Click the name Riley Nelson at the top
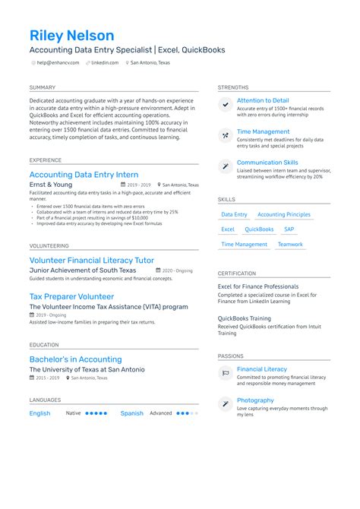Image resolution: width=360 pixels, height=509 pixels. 72,36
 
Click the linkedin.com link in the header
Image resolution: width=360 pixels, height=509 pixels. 106,63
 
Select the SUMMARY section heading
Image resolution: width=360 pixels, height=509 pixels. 43,88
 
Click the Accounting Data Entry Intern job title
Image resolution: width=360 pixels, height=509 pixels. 84,175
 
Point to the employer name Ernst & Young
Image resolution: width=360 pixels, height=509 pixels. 51,185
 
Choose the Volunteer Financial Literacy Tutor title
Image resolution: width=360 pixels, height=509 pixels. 91,260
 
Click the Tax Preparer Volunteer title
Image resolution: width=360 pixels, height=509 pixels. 71,296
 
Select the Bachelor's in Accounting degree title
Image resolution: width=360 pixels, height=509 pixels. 75,359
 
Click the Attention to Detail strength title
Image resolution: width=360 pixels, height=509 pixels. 263,100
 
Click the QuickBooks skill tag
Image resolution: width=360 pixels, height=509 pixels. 259,229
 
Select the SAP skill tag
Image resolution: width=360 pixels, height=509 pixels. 289,229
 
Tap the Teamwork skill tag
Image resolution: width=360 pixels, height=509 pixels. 290,245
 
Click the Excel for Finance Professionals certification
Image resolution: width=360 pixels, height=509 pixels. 258,286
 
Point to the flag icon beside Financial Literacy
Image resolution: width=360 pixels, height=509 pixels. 226,373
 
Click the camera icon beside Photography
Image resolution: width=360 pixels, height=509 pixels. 226,404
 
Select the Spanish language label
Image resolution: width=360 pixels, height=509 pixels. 131,413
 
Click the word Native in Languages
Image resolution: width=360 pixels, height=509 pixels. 73,413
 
